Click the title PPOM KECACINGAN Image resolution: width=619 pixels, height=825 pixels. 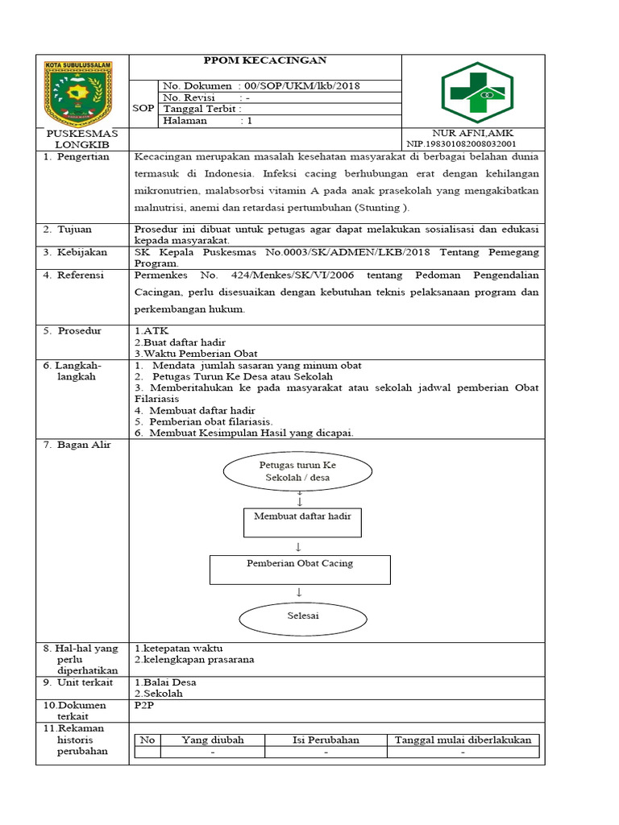tap(264, 60)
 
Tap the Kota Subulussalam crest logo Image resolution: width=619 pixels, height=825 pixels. tap(77, 92)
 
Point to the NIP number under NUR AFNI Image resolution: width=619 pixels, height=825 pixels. tap(461, 143)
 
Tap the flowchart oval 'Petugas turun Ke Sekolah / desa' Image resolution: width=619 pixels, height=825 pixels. tap(297, 471)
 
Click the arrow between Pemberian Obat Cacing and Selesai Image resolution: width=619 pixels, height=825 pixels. tap(299, 592)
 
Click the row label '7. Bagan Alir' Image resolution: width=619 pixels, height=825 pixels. tap(77, 445)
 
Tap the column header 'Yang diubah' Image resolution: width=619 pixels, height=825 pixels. tap(212, 740)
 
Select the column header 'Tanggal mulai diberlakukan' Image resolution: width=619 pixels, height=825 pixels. tap(463, 740)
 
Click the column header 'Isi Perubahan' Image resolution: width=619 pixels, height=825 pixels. tap(326, 740)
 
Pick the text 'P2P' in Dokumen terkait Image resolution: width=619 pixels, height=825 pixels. tap(143, 705)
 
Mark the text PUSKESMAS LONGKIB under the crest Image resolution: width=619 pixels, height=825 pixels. tap(81, 138)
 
